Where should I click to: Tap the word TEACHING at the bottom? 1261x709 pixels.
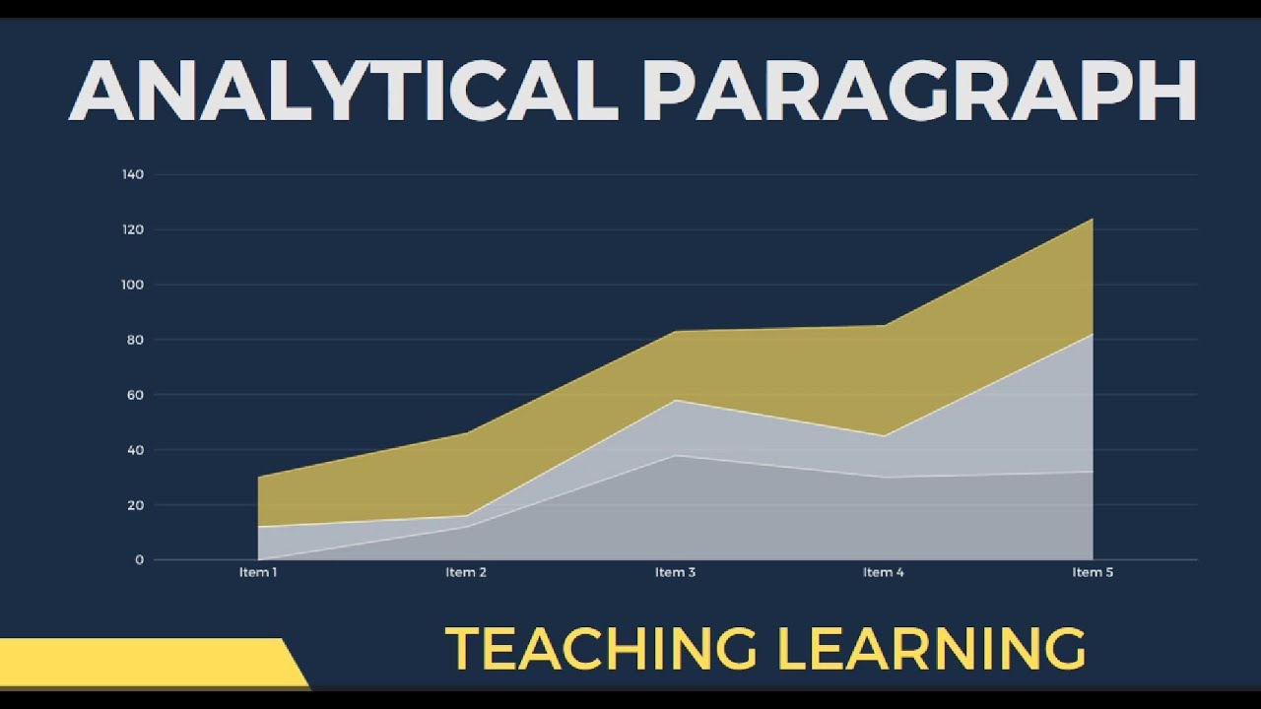601,648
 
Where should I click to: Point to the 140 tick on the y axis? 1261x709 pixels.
133,174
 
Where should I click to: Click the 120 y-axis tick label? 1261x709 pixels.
133,229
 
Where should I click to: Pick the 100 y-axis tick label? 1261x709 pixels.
133,285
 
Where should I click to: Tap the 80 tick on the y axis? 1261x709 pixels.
135,340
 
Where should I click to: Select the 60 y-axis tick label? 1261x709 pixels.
135,395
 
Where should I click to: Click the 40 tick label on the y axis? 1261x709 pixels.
135,450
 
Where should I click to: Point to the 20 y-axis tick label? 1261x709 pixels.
135,505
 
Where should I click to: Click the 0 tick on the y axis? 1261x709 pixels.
139,560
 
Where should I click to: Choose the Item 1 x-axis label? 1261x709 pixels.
258,572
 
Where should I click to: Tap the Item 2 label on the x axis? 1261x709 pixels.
466,572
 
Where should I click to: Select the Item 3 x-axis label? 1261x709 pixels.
675,572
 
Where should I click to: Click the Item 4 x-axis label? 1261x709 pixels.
884,572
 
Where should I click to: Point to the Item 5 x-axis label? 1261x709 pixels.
1093,572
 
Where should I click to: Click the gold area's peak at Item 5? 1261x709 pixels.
1093,219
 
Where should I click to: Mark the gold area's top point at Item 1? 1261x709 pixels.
258,478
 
